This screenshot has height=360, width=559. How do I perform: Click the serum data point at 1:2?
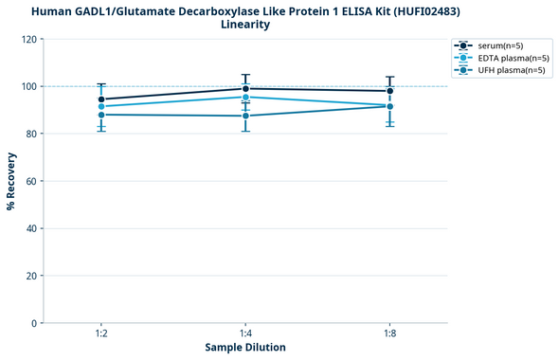click(x=101, y=99)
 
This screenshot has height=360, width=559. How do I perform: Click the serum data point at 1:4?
click(x=245, y=89)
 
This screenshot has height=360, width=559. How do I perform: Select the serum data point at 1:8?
click(x=390, y=91)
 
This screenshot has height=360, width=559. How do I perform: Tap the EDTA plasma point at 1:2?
click(x=101, y=106)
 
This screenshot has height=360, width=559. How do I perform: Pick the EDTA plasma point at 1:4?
click(x=245, y=97)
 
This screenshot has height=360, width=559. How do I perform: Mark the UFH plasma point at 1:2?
click(x=101, y=115)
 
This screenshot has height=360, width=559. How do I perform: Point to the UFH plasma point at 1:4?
click(x=245, y=116)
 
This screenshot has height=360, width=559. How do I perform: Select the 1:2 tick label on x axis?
click(x=101, y=333)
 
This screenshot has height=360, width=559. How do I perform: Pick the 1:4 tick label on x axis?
click(x=245, y=333)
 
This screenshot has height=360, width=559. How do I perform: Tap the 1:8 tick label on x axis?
click(x=390, y=333)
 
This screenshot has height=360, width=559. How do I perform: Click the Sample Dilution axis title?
click(x=245, y=348)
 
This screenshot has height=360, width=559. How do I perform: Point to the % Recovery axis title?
click(x=11, y=181)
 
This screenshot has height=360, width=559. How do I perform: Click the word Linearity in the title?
click(x=244, y=25)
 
